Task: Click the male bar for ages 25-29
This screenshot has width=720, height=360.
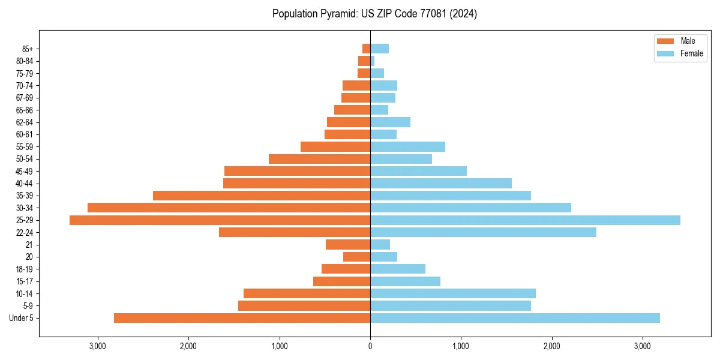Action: (x=220, y=220)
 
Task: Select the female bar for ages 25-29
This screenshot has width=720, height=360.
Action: (x=525, y=220)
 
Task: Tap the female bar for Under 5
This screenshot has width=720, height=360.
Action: (x=515, y=318)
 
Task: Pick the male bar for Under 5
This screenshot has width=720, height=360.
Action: (x=242, y=318)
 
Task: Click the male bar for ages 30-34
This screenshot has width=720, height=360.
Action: (x=229, y=208)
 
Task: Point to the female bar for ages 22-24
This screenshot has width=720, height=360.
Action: (x=483, y=232)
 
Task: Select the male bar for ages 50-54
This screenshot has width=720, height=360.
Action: (x=319, y=159)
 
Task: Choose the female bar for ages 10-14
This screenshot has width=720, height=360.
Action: (x=453, y=293)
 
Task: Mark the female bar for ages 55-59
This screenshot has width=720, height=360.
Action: (x=407, y=146)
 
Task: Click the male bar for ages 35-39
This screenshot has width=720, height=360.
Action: (x=262, y=196)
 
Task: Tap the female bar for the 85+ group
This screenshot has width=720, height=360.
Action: (x=379, y=49)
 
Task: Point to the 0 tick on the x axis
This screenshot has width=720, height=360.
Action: (x=370, y=346)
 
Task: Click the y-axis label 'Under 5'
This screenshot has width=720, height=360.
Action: (x=21, y=318)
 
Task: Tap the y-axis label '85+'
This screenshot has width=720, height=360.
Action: (x=27, y=49)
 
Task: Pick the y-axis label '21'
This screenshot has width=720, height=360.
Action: (x=29, y=245)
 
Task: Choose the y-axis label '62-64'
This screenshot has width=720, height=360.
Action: (x=25, y=122)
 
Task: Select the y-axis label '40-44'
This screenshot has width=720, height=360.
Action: (x=25, y=184)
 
